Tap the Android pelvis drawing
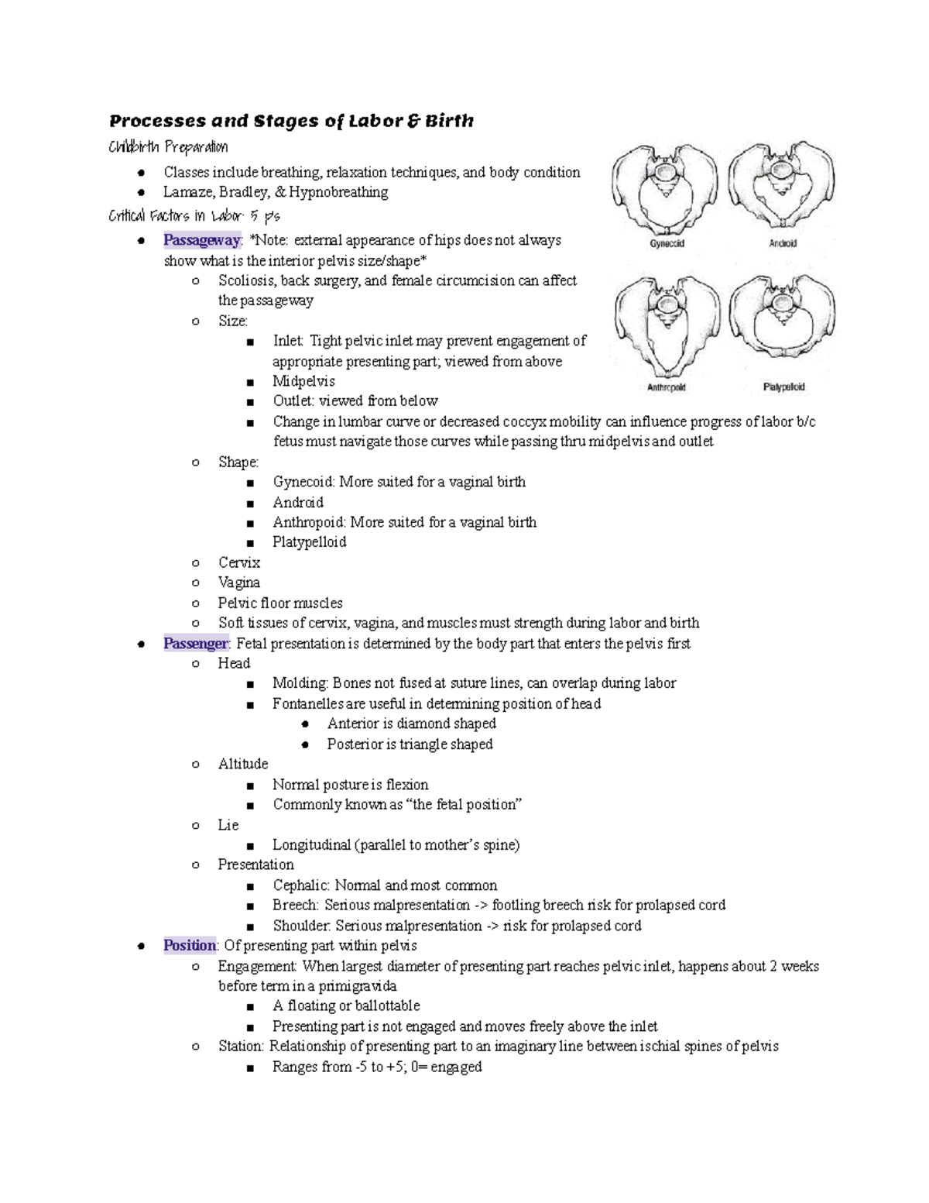point(782,186)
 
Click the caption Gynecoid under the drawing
point(667,243)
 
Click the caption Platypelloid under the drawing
point(783,387)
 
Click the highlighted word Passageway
point(201,240)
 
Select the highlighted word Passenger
point(196,644)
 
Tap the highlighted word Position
point(190,946)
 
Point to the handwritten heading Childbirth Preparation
point(168,147)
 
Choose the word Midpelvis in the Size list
point(303,381)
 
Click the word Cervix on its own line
point(239,562)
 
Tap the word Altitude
point(243,764)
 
